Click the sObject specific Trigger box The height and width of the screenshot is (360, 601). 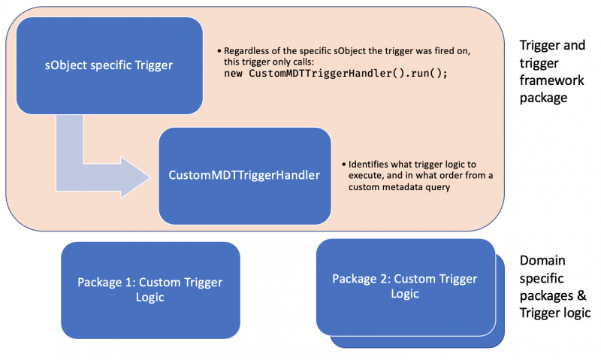pyautogui.click(x=109, y=65)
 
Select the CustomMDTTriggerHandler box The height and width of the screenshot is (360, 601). pyautogui.click(x=245, y=176)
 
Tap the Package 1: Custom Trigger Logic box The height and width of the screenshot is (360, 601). pyautogui.click(x=151, y=290)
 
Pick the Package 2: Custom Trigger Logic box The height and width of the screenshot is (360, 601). pyautogui.click(x=406, y=287)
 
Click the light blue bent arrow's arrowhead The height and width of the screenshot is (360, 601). pyautogui.click(x=135, y=177)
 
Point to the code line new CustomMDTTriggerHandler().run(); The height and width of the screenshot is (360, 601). pyautogui.click(x=336, y=73)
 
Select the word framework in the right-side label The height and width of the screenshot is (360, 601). pyautogui.click(x=552, y=80)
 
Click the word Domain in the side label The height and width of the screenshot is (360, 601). pyautogui.click(x=542, y=260)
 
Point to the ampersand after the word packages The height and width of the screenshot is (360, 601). pyautogui.click(x=581, y=295)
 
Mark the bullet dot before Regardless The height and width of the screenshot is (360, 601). pyautogui.click(x=219, y=51)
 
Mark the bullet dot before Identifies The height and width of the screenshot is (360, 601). pyautogui.click(x=344, y=165)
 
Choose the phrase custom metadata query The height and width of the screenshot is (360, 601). pyautogui.click(x=399, y=187)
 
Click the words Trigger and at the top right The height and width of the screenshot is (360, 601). pyautogui.click(x=552, y=45)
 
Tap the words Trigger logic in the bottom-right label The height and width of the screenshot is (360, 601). pyautogui.click(x=555, y=313)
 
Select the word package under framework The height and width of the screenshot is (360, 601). pyautogui.click(x=543, y=98)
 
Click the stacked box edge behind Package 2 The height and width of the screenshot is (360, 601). pyautogui.click(x=500, y=300)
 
